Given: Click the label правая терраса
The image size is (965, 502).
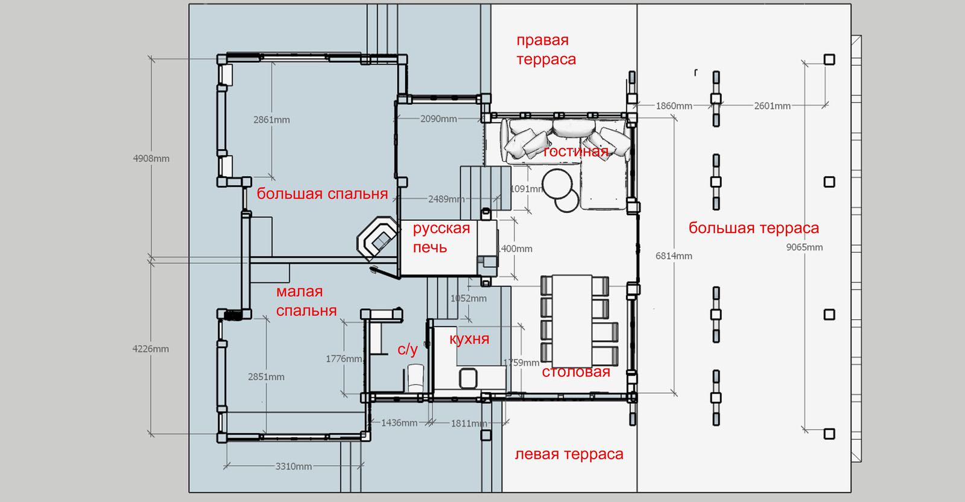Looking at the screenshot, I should [x=546, y=50].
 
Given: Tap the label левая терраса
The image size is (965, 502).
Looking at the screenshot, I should [x=569, y=454].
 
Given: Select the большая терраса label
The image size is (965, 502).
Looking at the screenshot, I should [x=754, y=228].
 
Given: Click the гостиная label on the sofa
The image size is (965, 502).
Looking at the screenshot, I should [x=575, y=151].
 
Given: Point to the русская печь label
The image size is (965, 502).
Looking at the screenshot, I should [x=441, y=238].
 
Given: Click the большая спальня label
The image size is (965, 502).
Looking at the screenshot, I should [x=322, y=194].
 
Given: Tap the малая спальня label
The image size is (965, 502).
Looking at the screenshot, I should [x=306, y=301].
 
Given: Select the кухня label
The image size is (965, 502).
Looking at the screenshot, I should [x=469, y=339].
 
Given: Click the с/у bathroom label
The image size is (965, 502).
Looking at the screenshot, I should [x=408, y=350].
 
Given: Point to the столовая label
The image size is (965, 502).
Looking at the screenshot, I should [x=576, y=372].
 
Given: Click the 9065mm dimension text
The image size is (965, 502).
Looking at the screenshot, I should [x=805, y=247].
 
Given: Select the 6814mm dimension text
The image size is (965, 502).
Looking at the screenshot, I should [x=674, y=256].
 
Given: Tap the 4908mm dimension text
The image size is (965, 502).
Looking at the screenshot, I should [x=151, y=159].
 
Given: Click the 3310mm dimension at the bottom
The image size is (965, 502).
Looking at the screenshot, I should [x=294, y=466].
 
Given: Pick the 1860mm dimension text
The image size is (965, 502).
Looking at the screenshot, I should [x=674, y=106].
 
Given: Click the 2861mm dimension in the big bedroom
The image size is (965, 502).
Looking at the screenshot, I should [x=271, y=120].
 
